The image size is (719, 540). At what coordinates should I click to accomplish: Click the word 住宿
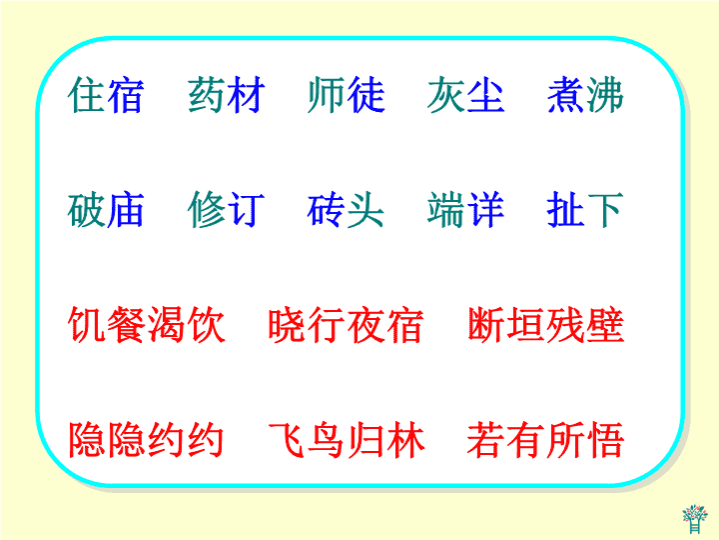pos(106,95)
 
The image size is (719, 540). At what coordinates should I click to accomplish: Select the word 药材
pos(227,95)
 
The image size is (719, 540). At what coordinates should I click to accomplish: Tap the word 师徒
pos(347,95)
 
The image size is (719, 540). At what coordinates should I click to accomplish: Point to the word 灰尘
pos(466,95)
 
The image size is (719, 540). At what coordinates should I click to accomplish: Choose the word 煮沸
pos(585,95)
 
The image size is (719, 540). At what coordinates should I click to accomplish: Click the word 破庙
pos(106,210)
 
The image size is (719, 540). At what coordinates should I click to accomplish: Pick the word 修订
pos(227,210)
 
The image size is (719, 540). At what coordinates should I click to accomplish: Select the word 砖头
pos(347,210)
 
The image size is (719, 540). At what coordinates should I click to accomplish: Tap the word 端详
pos(466,210)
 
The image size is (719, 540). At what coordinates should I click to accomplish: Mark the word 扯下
pos(585,210)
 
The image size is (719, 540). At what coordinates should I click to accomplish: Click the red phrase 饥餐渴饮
pos(146,325)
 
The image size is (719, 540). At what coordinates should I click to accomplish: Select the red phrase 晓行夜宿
pos(347,325)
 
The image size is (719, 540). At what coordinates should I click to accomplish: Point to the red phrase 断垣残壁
pos(546,325)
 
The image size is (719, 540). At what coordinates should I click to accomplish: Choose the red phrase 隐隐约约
pos(146,440)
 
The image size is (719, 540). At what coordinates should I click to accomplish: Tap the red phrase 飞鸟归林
pos(347,440)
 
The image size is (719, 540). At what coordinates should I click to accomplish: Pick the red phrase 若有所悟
pos(546,440)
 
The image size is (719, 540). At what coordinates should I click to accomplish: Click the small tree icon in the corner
pos(695,519)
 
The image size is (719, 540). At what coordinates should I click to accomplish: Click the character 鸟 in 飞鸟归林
pos(326,440)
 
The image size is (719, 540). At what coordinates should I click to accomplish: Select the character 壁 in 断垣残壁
pos(605,325)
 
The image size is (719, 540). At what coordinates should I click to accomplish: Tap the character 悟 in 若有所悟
pos(605,440)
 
